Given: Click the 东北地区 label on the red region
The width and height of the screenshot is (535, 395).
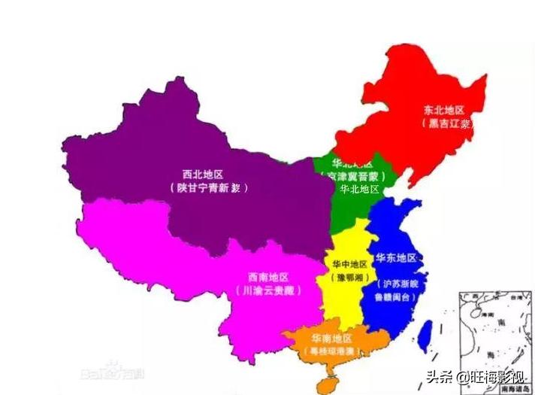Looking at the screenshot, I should tap(445, 108).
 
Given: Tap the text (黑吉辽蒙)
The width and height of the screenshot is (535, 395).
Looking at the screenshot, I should tap(446, 123).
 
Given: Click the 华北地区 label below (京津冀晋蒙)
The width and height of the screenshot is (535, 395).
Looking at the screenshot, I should tap(359, 190).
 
